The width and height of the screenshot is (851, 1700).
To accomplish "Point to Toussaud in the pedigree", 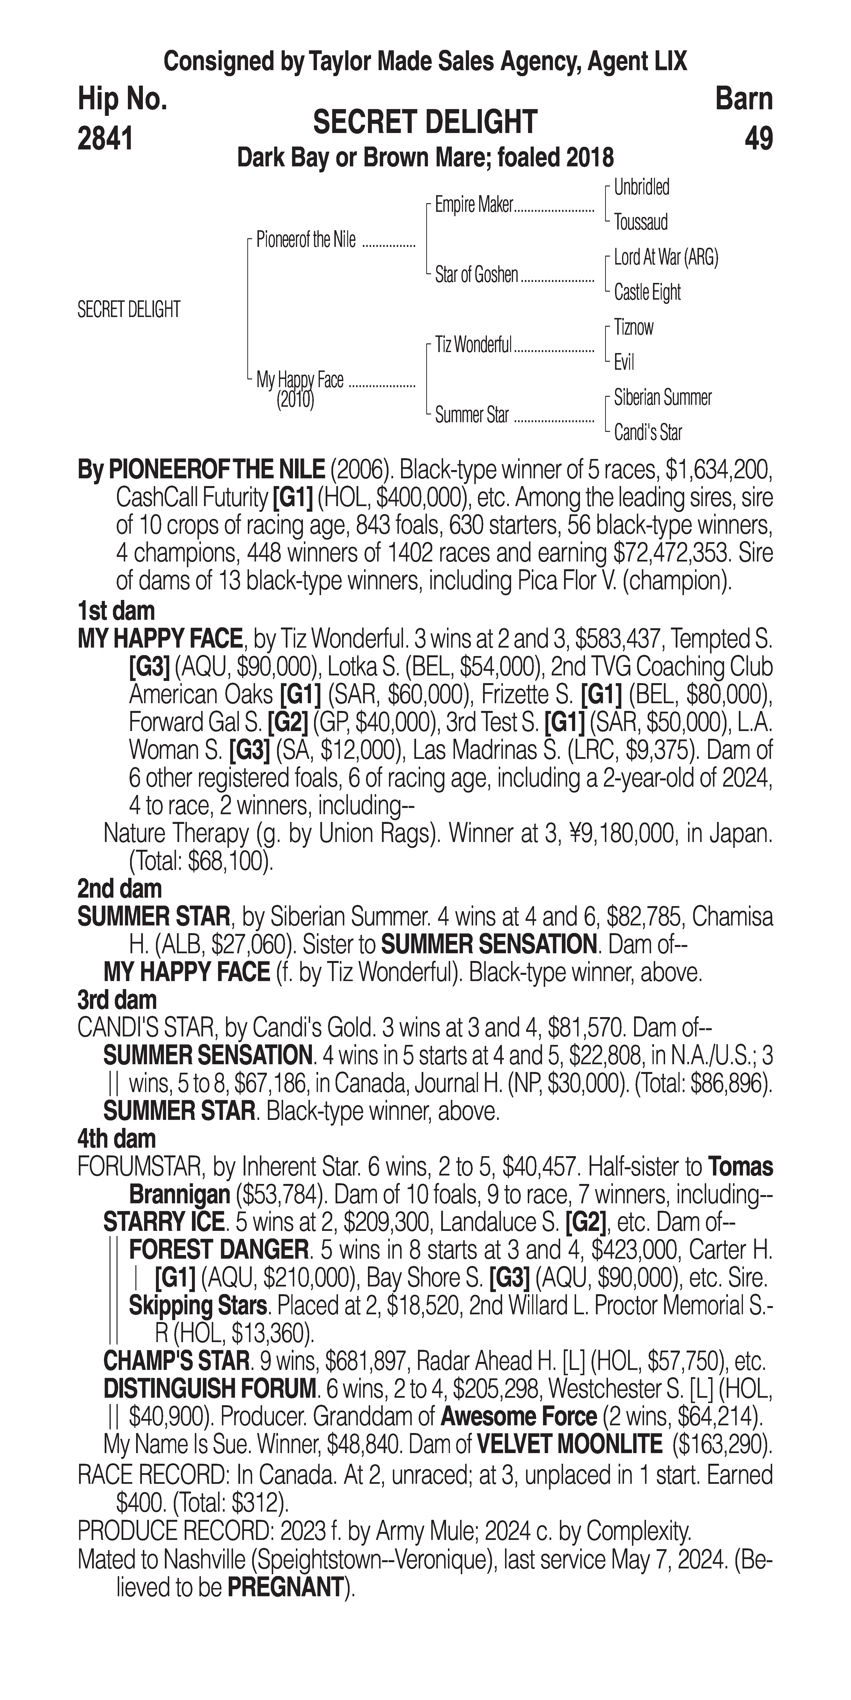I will [x=641, y=222].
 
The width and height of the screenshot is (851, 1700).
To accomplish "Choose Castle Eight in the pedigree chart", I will [x=647, y=292].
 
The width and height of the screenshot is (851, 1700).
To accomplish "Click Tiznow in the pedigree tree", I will [x=633, y=327].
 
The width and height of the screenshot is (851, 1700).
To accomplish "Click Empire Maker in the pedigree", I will [x=474, y=205].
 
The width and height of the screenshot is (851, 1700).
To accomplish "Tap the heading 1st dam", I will [x=116, y=611].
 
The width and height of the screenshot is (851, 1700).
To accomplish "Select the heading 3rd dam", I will [x=117, y=1000].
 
